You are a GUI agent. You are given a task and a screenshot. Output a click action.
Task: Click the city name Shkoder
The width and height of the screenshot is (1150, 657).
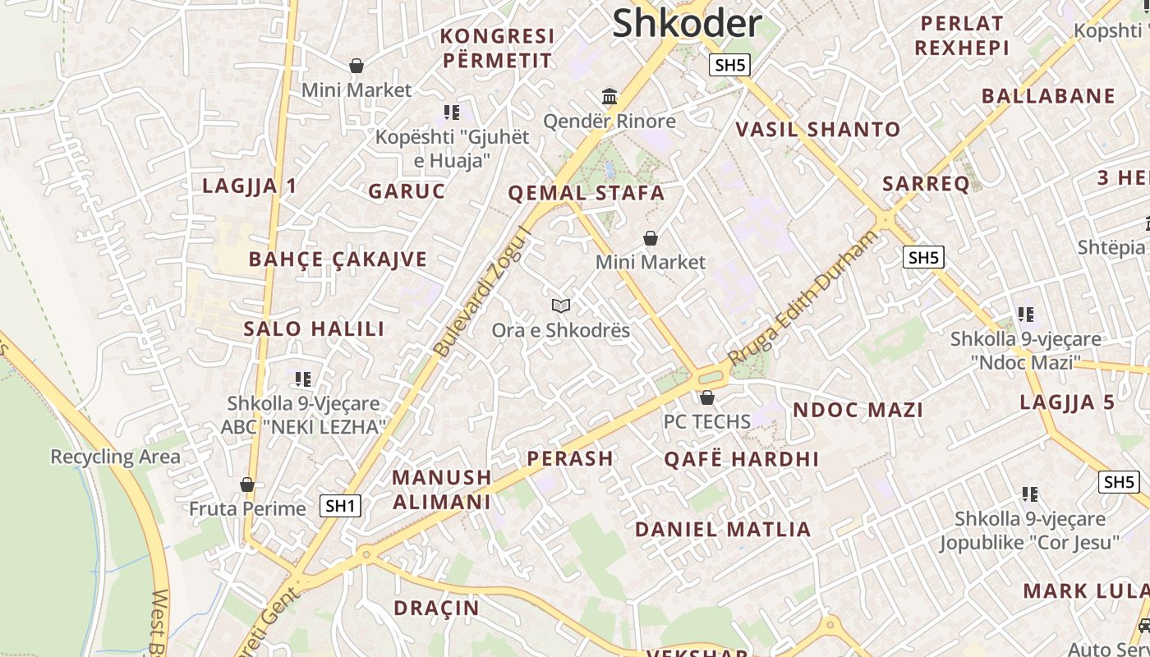tap(687, 23)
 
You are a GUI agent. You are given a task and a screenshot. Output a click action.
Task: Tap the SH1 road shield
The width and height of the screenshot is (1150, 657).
tap(340, 506)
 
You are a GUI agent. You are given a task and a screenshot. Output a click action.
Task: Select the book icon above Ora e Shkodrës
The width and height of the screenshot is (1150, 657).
tap(561, 306)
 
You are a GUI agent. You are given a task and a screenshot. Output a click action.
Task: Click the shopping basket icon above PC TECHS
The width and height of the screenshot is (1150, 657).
tap(707, 398)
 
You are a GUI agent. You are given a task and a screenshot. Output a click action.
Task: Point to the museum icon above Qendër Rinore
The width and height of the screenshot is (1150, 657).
tap(609, 98)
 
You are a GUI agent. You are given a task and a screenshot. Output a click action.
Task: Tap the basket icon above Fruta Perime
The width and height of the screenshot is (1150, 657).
tap(247, 485)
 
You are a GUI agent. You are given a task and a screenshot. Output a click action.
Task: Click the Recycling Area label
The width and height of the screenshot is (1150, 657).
tap(115, 457)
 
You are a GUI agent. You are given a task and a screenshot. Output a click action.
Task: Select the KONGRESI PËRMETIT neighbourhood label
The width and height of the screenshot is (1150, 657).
tap(498, 48)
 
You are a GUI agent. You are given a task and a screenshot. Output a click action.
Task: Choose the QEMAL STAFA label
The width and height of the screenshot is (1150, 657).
tap(586, 194)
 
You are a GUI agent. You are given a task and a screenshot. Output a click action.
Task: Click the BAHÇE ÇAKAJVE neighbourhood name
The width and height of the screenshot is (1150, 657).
tap(338, 260)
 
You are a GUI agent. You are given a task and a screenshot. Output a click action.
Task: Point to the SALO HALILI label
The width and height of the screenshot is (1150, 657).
tap(314, 329)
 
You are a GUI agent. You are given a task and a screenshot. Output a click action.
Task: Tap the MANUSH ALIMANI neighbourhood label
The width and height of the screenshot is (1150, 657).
tap(441, 489)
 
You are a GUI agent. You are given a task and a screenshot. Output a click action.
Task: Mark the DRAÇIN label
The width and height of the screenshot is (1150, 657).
tap(435, 608)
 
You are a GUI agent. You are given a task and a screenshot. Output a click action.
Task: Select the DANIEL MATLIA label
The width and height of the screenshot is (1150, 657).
tap(723, 530)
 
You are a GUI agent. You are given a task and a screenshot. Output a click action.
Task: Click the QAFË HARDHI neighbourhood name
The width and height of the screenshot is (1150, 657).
tap(741, 459)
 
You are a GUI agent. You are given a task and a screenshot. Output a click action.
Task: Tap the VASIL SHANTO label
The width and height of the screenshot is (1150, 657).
tap(817, 130)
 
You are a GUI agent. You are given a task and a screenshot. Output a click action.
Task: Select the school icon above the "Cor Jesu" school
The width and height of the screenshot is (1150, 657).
tap(1029, 494)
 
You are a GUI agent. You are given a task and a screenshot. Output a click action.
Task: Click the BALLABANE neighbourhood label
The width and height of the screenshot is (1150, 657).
tap(1048, 96)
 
